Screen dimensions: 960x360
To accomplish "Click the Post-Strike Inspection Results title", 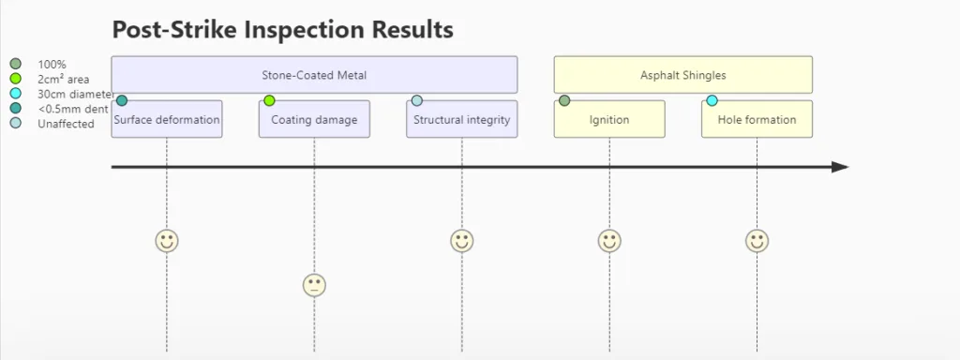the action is point(283,29).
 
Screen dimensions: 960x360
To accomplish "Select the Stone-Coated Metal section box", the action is point(314,75).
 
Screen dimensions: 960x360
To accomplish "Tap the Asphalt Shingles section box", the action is point(683,75).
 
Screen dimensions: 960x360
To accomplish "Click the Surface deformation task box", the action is point(167,119).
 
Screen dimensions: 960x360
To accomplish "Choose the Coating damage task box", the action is point(314,119).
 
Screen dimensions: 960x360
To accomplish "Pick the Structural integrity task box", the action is point(461,119).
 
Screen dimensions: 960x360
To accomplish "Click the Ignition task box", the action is point(609,119).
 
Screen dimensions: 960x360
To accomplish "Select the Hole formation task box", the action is point(757,119).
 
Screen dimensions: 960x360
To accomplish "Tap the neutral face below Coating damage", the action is point(314,285).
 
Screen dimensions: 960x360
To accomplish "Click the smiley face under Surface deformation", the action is point(167,241).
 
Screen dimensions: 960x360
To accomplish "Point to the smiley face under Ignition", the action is point(609,241).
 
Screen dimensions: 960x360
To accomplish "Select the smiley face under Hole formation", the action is point(757,241).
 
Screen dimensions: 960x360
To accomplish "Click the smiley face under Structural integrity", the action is point(461,241).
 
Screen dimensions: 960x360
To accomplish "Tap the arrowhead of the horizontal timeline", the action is point(840,167).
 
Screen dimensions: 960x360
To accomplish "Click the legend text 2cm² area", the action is point(64,79).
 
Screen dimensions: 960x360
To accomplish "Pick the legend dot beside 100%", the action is point(15,64).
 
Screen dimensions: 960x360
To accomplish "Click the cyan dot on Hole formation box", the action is point(712,100).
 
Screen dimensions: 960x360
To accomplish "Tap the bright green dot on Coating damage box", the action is point(269,100).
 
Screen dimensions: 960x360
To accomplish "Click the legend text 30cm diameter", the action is point(76,95).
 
